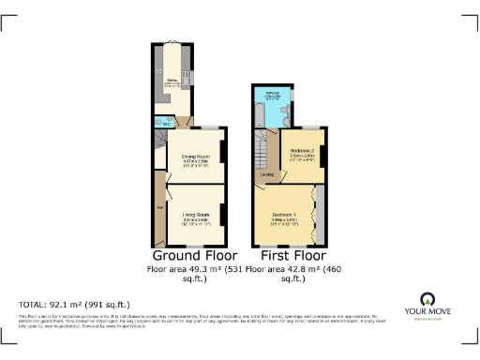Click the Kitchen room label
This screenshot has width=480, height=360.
pyautogui.click(x=173, y=81)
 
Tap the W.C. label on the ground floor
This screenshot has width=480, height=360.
pyautogui.click(x=167, y=122)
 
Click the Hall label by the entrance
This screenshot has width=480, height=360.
pyautogui.click(x=160, y=206)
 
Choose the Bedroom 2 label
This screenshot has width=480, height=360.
pyautogui.click(x=301, y=151)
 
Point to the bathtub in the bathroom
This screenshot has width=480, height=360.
pyautogui.click(x=259, y=111)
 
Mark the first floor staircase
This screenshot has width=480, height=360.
pyautogui.click(x=262, y=148)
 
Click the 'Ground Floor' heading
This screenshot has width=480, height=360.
pyautogui.click(x=194, y=255)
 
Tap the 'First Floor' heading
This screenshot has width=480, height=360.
pyautogui.click(x=292, y=255)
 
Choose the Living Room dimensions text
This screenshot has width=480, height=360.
pyautogui.click(x=195, y=222)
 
